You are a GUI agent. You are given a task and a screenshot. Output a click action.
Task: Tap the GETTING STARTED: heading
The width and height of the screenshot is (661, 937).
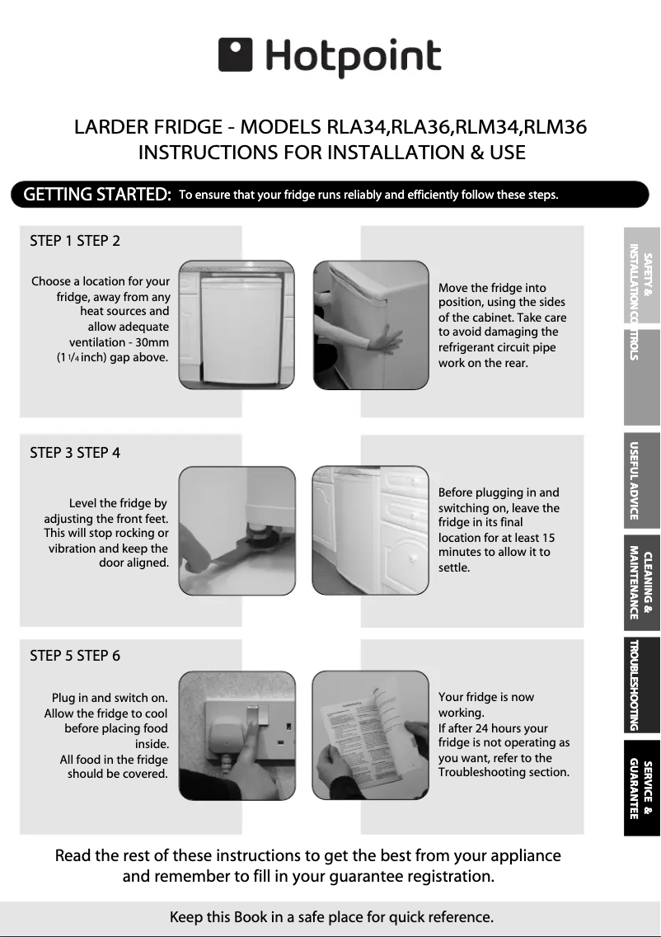point(97,195)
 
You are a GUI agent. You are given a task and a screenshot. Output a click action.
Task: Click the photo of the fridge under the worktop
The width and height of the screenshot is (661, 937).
point(237,324)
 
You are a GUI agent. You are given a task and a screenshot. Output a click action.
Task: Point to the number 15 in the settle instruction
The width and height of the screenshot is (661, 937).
point(548,538)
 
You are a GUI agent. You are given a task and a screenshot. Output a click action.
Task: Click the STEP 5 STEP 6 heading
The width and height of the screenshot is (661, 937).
point(75,656)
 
